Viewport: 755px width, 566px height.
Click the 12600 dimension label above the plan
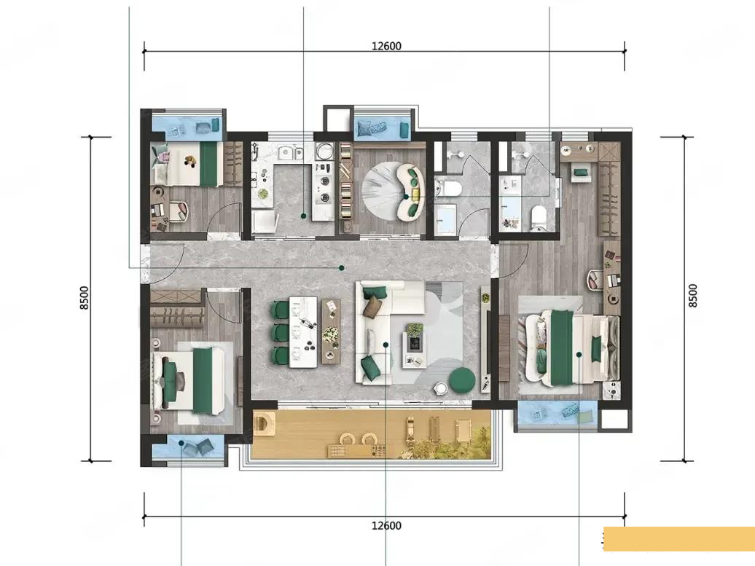(x=386, y=46)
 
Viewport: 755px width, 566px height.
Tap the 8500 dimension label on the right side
(x=692, y=296)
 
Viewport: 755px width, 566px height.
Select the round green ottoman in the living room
(x=462, y=380)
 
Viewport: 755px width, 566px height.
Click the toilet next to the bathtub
(x=539, y=216)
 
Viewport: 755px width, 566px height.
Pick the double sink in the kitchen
(x=291, y=152)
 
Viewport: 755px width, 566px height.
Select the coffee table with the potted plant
(x=414, y=342)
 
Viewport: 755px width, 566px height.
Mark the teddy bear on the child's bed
(x=191, y=160)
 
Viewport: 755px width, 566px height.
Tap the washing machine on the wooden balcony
(x=265, y=423)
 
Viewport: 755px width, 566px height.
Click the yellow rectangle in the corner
(x=679, y=539)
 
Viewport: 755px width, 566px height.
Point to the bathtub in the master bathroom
(x=510, y=203)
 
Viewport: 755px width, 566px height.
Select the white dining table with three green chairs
(x=303, y=332)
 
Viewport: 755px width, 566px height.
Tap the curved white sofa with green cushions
(x=411, y=192)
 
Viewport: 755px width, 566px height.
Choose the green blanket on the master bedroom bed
(x=561, y=347)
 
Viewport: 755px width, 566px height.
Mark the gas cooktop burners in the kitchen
(x=324, y=189)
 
